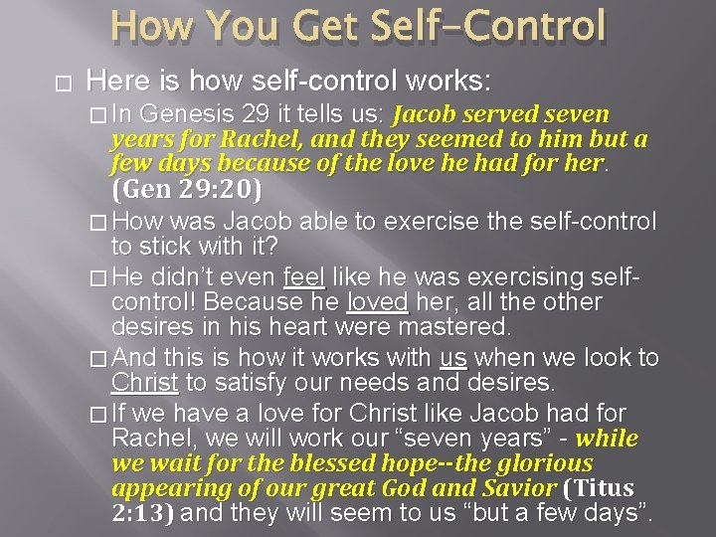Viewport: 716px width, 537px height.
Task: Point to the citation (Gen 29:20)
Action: (187, 189)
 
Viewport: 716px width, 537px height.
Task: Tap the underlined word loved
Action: (378, 301)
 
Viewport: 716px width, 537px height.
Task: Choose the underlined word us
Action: (453, 357)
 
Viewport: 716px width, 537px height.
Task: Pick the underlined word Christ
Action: (145, 383)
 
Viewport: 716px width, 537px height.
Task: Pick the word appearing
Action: (160, 488)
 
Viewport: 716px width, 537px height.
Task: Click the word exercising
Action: (514, 276)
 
